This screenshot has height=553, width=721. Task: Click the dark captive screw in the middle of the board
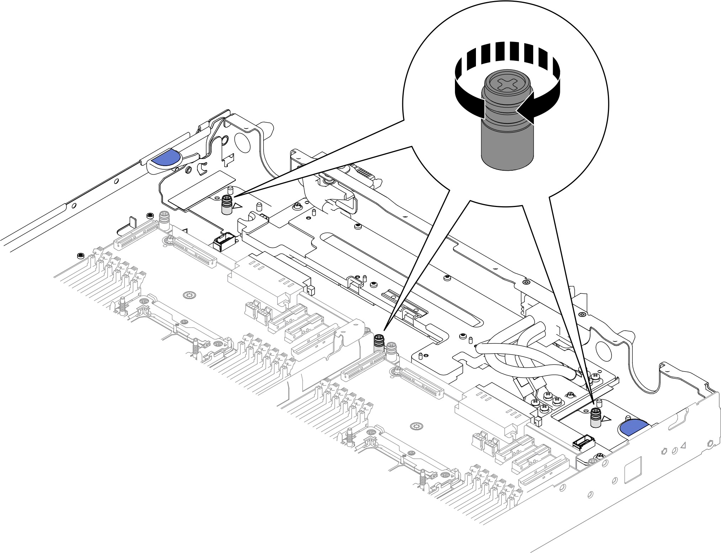pyautogui.click(x=379, y=342)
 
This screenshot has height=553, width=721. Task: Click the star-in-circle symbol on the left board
pyautogui.click(x=189, y=295)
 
